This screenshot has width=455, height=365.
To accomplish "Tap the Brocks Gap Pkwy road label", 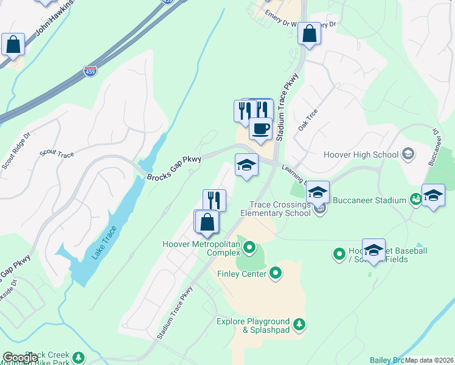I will (x=174, y=169).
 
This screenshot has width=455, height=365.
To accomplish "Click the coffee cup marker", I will (x=260, y=130).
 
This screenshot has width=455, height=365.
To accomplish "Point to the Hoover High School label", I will (x=361, y=155).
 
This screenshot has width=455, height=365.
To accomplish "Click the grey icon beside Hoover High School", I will (x=408, y=155).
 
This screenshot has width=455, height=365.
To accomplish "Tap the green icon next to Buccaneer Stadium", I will (x=415, y=199).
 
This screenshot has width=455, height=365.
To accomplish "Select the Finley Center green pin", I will (x=276, y=273).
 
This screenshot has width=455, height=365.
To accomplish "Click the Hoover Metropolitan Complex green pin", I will (x=249, y=248).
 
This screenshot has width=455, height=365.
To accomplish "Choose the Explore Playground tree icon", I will (x=299, y=325).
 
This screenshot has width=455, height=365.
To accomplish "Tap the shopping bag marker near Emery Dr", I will (x=310, y=35).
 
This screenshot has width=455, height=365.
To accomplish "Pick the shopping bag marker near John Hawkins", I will (x=13, y=45).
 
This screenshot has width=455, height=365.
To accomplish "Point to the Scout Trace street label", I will (x=57, y=155).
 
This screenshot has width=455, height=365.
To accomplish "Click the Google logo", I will (x=20, y=358).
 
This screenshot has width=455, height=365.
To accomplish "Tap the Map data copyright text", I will (x=429, y=360).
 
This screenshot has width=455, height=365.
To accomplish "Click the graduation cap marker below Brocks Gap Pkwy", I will (x=246, y=165).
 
